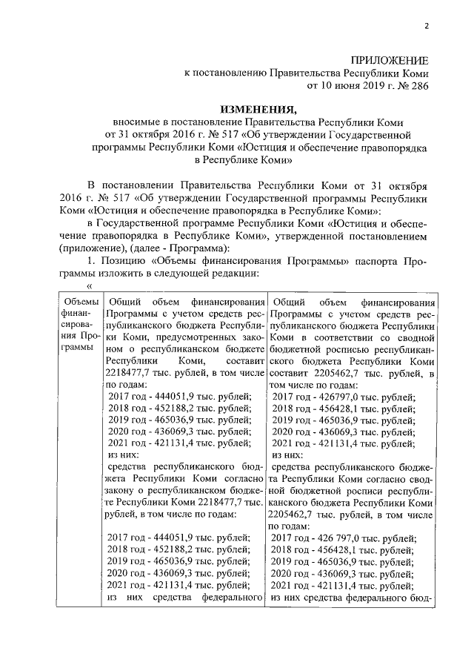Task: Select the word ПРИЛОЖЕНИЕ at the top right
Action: point(390,60)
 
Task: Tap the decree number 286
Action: point(416,86)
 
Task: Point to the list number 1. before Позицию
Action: point(92,260)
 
